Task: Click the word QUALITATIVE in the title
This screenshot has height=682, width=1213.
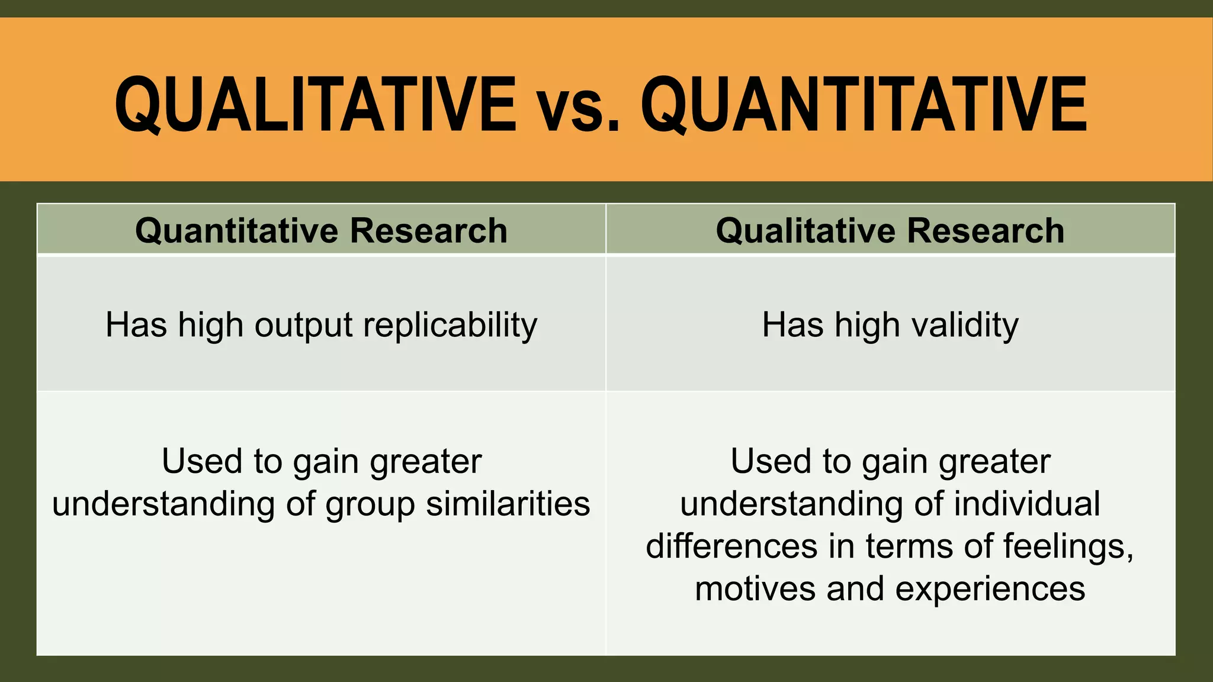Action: [315, 105]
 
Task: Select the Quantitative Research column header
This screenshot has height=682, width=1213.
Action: [321, 230]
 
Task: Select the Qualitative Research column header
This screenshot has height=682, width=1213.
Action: [890, 230]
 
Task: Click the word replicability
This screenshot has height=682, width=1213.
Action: [450, 325]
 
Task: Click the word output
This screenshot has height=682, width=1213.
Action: [304, 325]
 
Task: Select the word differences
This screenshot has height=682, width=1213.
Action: [731, 546]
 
